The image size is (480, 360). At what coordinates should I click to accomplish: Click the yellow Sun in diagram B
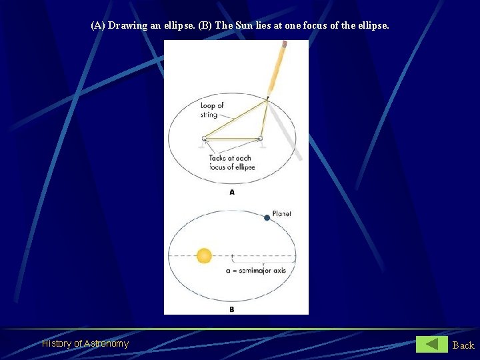pos(204,255)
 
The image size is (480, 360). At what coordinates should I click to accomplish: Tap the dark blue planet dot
pos(267,217)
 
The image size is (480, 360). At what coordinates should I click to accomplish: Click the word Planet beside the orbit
pos(281,214)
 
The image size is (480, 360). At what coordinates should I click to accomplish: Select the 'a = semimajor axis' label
pos(257,270)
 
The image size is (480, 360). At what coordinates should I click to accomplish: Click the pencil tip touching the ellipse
pos(267,98)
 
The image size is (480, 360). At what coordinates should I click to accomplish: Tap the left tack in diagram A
pos(204,139)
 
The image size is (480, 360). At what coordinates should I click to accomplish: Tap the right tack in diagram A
pos(260,139)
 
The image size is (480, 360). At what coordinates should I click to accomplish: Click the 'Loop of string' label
pos(211,110)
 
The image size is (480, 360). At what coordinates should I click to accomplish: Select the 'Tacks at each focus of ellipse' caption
pos(231,162)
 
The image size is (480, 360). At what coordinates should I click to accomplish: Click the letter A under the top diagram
pos(232,192)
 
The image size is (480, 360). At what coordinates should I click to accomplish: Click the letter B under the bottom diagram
pos(231,309)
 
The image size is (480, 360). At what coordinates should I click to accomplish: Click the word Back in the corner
pos(463,345)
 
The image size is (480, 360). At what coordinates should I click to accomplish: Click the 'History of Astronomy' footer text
pos(85,344)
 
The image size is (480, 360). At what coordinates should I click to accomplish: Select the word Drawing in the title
pos(127,26)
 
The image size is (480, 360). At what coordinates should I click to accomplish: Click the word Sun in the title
pos(244,26)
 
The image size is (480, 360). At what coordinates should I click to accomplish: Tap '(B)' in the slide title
pos(205,26)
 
